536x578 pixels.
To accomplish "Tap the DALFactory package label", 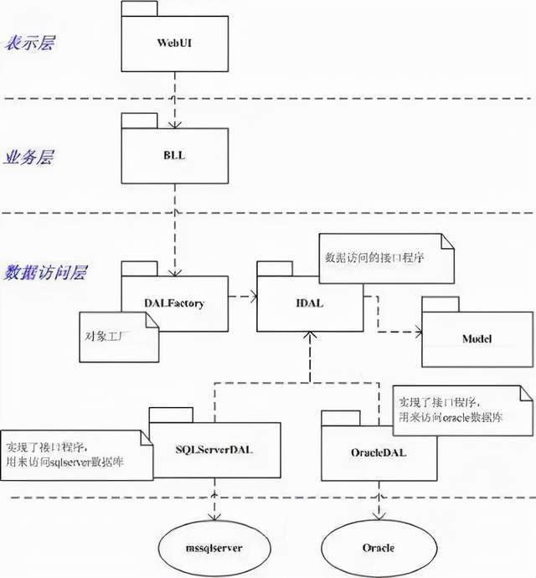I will point(174,303).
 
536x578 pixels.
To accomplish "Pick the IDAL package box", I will point(309,302).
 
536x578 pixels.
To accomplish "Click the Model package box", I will point(476,338).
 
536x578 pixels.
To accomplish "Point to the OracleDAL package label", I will point(379,452).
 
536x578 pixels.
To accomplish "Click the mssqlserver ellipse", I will point(214,548).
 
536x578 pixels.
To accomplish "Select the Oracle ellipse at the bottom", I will point(379,548).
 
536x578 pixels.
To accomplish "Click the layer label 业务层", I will point(28,157).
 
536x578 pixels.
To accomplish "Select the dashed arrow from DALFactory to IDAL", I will point(241,296).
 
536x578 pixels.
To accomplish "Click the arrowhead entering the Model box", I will point(415,332).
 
